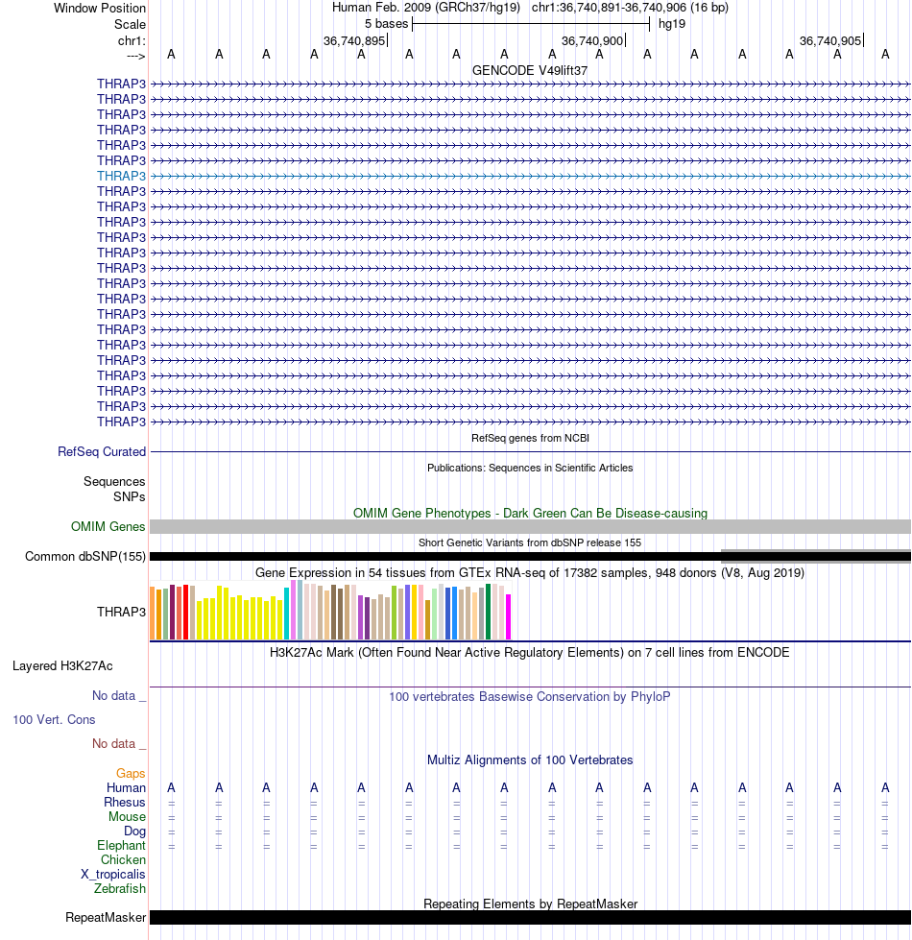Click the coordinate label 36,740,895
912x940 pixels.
pyautogui.click(x=354, y=40)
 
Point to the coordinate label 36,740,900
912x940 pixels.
pyautogui.click(x=592, y=40)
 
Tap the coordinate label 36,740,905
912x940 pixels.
pyautogui.click(x=830, y=40)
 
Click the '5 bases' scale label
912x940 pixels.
pyautogui.click(x=386, y=23)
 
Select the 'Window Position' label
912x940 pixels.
pyautogui.click(x=100, y=8)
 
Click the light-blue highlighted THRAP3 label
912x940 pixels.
pyautogui.click(x=121, y=176)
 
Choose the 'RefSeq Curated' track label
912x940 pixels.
pyautogui.click(x=102, y=451)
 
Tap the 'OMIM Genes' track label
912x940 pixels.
pyautogui.click(x=108, y=526)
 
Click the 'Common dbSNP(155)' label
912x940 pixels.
pyautogui.click(x=85, y=556)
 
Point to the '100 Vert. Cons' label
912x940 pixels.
pyautogui.click(x=54, y=719)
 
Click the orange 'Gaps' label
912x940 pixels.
pyautogui.click(x=131, y=773)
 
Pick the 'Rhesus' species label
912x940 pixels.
pyautogui.click(x=125, y=802)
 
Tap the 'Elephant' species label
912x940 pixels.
pyautogui.click(x=121, y=845)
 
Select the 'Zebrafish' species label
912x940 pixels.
pyautogui.click(x=120, y=888)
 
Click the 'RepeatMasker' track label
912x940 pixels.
pyautogui.click(x=106, y=917)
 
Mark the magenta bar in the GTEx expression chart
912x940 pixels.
pyautogui.click(x=509, y=616)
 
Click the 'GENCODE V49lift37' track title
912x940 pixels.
pyautogui.click(x=530, y=70)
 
